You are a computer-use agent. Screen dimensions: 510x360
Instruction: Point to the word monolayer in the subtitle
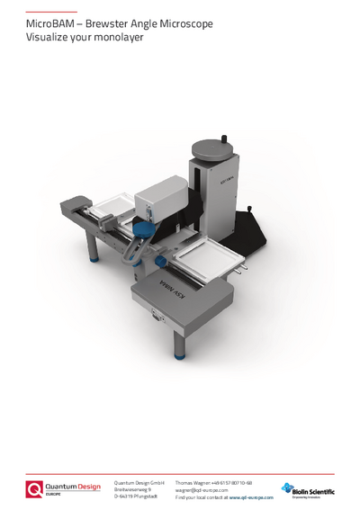point(121,39)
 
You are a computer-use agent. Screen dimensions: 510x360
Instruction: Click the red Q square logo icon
point(35,489)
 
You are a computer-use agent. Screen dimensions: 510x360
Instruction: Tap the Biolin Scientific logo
point(307,489)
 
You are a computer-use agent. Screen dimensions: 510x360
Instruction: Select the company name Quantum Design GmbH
point(139,482)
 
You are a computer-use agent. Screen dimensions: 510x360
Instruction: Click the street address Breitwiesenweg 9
point(132,489)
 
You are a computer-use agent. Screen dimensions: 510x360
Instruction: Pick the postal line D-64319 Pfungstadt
point(135,497)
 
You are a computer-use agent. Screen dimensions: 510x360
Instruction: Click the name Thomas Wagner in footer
point(193,482)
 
